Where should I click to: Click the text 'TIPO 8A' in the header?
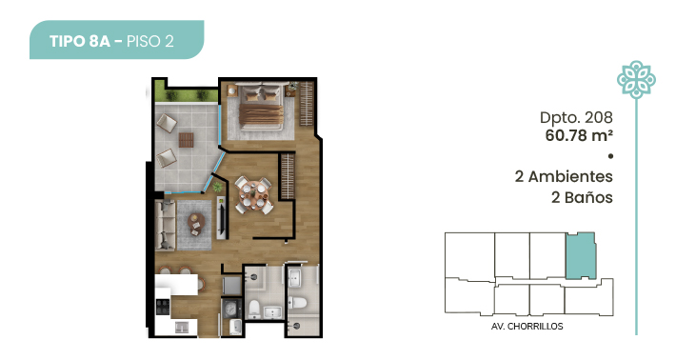80,41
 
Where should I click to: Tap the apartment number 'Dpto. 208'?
576,117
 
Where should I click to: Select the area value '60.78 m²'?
579,135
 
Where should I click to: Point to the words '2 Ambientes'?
564,176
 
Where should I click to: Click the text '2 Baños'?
582,197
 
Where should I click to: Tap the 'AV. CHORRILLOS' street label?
527,327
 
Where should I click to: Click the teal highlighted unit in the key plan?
581,255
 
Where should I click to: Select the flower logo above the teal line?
636,80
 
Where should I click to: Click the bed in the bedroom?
261,107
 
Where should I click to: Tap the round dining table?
253,194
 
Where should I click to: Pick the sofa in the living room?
166,225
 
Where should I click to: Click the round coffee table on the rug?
196,223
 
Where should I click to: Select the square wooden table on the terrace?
187,140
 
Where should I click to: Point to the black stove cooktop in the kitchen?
163,307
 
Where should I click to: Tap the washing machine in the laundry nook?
232,309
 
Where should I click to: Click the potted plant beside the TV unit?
218,187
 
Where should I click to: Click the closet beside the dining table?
288,176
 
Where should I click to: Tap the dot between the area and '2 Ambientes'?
610,156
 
